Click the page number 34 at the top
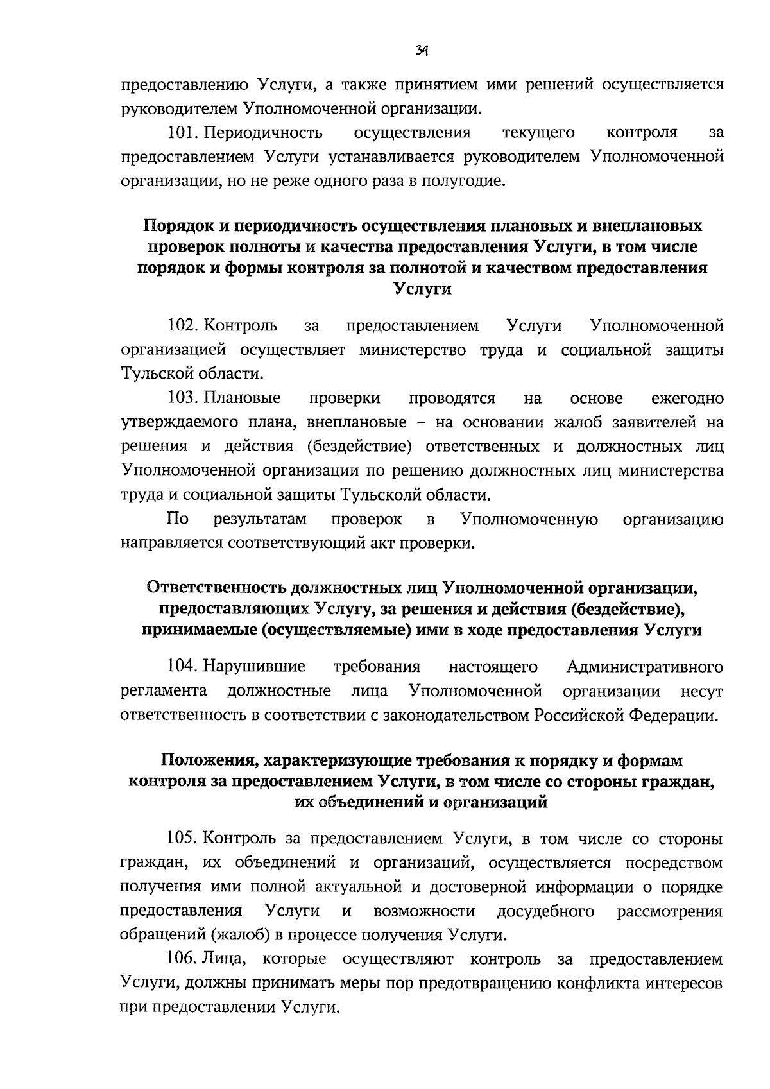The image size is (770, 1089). [422, 49]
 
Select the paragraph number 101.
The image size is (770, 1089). [180, 133]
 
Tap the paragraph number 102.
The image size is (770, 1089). [181, 326]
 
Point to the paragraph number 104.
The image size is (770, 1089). [181, 667]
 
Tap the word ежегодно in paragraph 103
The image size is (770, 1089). [687, 399]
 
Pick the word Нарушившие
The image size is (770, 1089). [254, 667]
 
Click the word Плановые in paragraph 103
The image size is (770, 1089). [243, 399]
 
